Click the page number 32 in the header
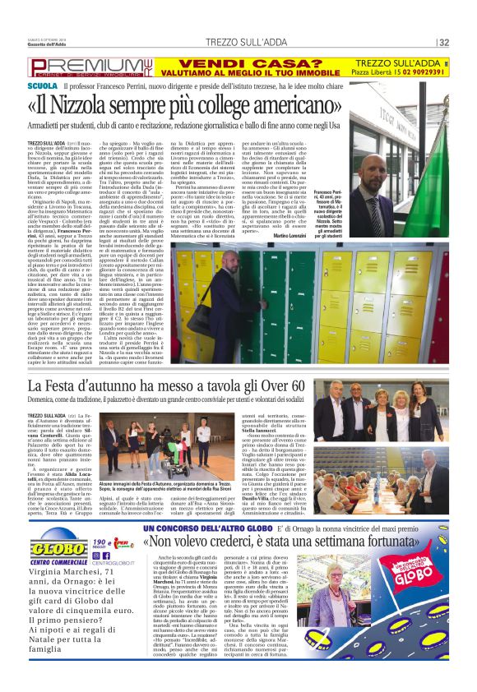(443, 43)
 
